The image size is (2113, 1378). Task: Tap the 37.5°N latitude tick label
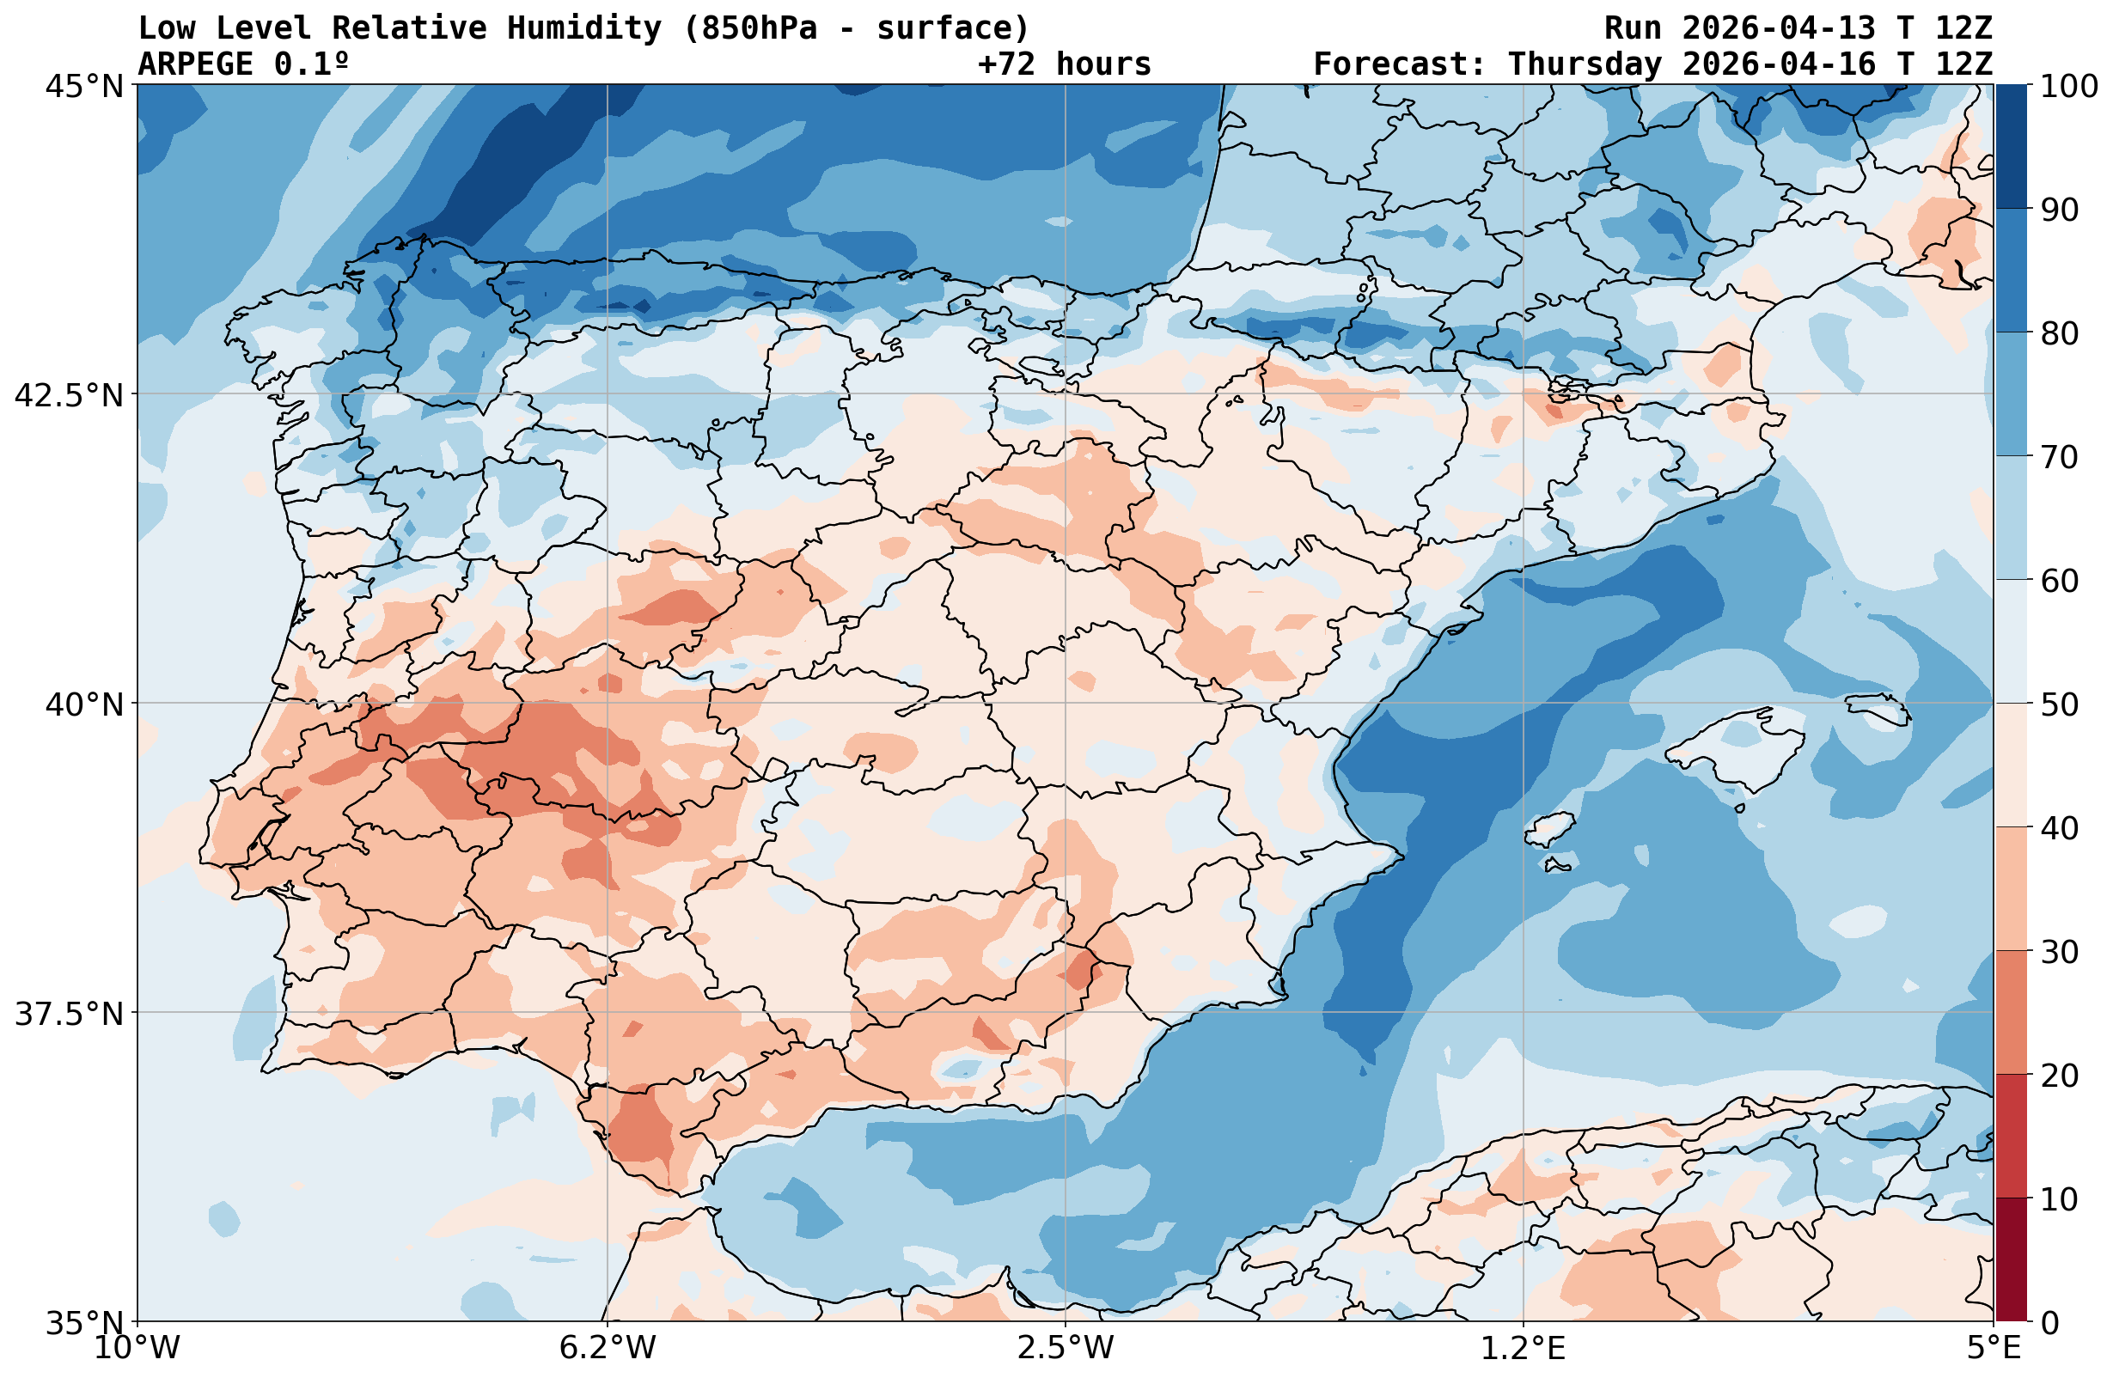tap(70, 1013)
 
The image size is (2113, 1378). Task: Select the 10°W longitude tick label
tap(137, 1348)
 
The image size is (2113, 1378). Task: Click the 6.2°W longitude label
tap(608, 1348)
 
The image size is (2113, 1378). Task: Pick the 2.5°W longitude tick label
tap(1066, 1348)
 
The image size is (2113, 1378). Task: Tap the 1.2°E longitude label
tap(1524, 1348)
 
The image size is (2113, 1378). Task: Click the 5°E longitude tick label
tap(1994, 1348)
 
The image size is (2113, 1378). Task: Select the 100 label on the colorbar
tap(2068, 86)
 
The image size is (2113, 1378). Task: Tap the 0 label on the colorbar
tap(2049, 1323)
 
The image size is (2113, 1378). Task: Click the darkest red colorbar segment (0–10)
tap(2012, 1260)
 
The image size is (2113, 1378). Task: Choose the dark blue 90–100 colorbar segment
tap(2012, 147)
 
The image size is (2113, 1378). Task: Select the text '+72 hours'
tap(1065, 64)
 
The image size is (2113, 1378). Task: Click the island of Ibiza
tap(1550, 829)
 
